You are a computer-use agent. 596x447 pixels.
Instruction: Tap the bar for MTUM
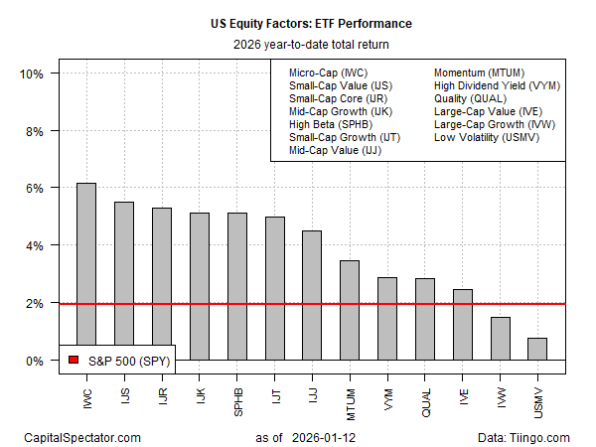click(x=349, y=309)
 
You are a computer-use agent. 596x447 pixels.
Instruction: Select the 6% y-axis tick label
click(x=32, y=189)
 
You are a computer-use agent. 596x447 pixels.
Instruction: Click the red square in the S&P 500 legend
click(x=72, y=362)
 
